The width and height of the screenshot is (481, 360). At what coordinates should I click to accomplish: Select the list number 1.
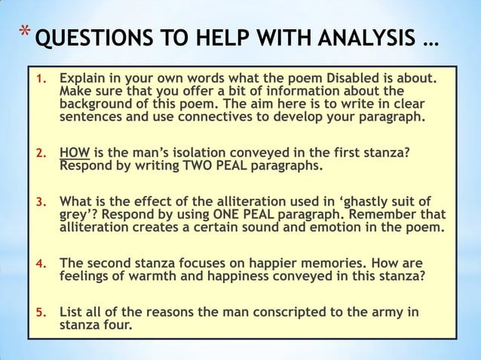pos(43,79)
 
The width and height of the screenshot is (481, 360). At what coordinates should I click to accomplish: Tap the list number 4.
pos(43,264)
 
